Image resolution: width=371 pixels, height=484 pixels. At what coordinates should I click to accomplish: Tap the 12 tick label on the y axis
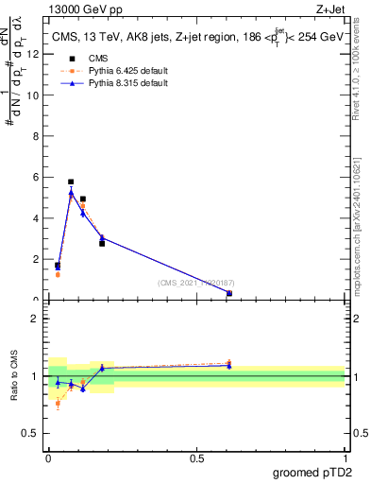pyautogui.click(x=34, y=54)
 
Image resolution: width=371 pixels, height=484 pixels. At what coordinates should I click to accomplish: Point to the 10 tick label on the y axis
pyautogui.click(x=34, y=95)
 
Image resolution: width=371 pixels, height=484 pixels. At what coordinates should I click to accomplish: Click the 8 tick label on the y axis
pyautogui.click(x=37, y=136)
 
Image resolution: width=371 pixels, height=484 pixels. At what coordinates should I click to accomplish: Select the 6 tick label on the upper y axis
pyautogui.click(x=37, y=177)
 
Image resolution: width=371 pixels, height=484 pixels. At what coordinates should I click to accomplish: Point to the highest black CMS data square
pyautogui.click(x=71, y=181)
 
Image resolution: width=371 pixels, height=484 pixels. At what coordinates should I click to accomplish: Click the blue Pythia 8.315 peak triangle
pyautogui.click(x=71, y=192)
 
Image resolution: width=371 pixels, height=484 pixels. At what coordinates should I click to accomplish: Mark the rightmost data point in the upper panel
pyautogui.click(x=229, y=293)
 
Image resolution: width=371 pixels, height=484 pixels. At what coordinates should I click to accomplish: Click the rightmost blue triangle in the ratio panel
pyautogui.click(x=229, y=365)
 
